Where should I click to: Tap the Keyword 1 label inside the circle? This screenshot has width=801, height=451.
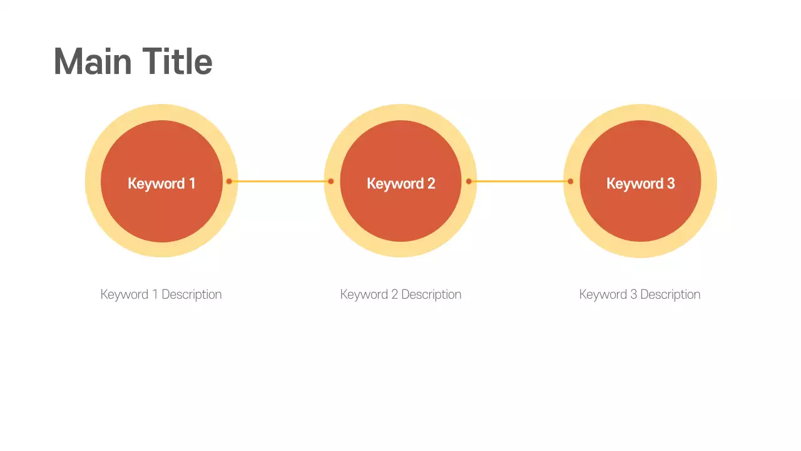click(161, 184)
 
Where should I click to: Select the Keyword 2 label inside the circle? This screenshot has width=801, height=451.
click(400, 184)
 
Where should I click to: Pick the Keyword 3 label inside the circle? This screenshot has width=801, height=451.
click(640, 184)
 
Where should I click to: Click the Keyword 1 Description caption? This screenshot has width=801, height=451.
click(161, 294)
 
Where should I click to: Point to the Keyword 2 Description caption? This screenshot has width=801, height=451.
click(400, 294)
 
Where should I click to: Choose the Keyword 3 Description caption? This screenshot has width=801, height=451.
click(640, 294)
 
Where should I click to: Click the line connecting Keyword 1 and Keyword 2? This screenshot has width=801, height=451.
click(280, 182)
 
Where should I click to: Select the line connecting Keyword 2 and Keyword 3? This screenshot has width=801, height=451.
click(519, 182)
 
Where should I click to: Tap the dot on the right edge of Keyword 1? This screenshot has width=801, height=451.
click(229, 182)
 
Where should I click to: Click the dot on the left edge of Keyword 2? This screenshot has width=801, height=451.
click(331, 182)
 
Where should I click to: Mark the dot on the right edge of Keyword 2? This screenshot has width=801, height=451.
click(469, 182)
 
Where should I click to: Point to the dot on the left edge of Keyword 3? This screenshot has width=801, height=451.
click(570, 182)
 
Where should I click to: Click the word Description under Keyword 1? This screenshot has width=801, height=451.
click(191, 294)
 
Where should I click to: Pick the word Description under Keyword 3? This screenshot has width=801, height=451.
click(670, 294)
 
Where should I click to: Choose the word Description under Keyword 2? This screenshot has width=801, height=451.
click(431, 294)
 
